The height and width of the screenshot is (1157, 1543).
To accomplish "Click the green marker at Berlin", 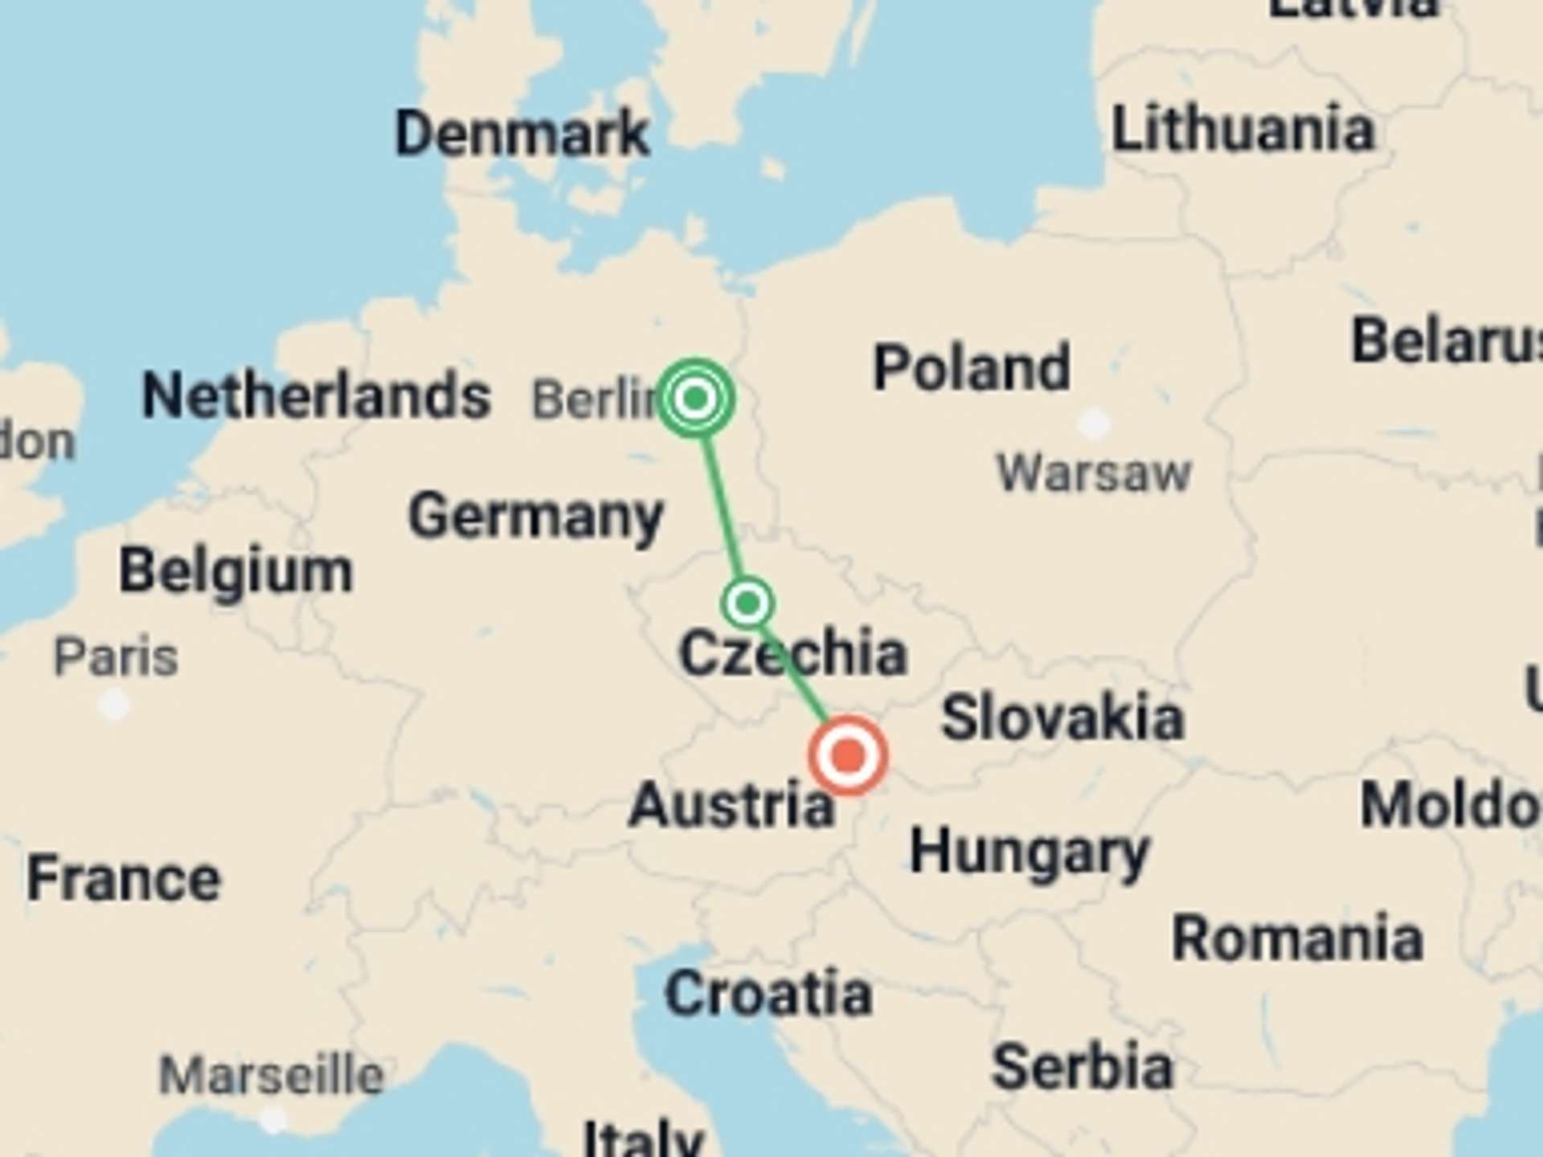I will point(695,398).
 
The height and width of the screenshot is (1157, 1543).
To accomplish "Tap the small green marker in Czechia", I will point(748,603).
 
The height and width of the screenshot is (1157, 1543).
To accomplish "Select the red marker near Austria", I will point(848,756).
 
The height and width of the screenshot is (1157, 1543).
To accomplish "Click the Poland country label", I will point(972,368).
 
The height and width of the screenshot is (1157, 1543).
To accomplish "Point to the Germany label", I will point(536,516).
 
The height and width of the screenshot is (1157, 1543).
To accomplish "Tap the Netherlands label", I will point(316,395).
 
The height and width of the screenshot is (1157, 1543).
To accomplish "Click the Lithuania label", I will point(1242,129).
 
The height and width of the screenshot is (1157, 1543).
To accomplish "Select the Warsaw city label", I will point(1094,472).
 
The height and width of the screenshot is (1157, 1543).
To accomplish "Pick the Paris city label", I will point(116,657).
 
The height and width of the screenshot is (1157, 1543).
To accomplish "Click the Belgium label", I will point(235,571).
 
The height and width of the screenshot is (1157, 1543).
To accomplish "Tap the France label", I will point(124,879).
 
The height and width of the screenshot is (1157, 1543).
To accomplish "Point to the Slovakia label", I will point(1062,718).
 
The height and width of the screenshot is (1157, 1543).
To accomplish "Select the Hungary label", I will point(1029,853).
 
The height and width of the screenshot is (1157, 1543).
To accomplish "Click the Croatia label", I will point(768,994).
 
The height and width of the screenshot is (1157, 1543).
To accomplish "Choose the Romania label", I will point(1297,938).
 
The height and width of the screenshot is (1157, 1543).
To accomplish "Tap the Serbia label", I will point(1083,1067).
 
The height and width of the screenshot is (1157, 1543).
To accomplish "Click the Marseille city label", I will point(272,1075).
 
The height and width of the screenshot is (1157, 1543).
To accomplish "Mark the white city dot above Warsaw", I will point(1094,423).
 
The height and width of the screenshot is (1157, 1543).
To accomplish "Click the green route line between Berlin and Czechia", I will point(721,498).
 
